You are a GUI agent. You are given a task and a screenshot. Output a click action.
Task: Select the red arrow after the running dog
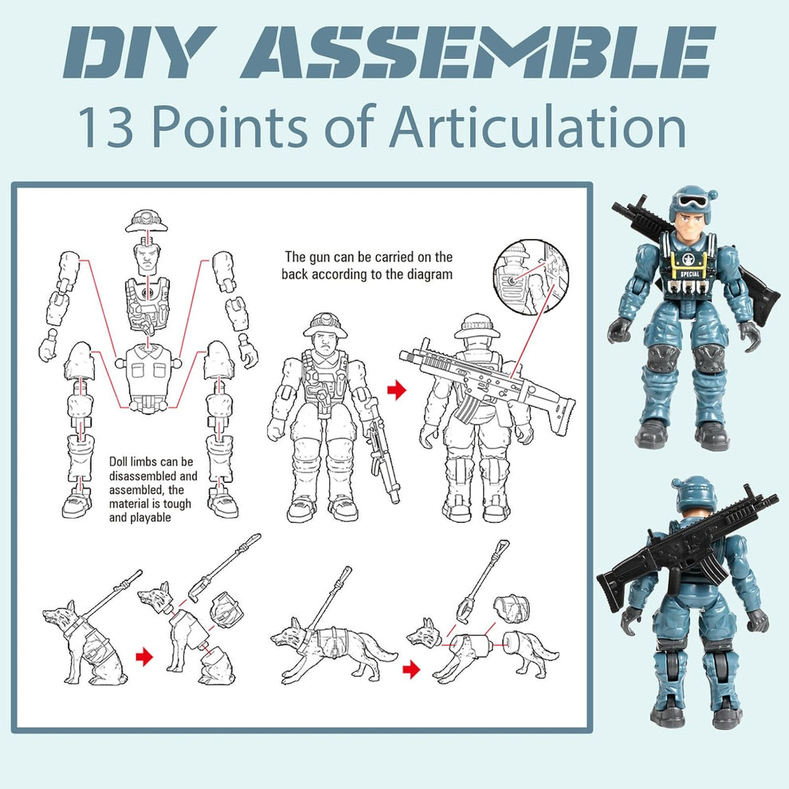[x=410, y=669]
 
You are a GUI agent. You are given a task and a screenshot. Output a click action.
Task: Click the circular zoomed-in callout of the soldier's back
[x=530, y=275]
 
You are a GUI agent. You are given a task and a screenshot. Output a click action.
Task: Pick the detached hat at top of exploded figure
[x=146, y=220]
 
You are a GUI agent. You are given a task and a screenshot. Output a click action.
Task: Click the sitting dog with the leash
[x=84, y=642]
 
